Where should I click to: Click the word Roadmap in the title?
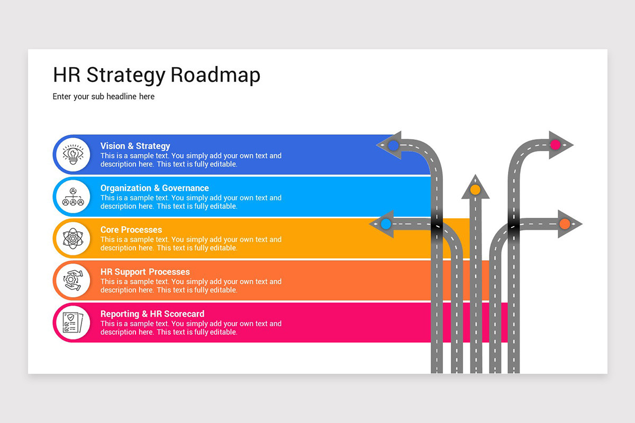[x=215, y=75]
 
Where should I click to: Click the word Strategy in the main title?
[x=125, y=76]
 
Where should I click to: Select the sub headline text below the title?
[x=104, y=97]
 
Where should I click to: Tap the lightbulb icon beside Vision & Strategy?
[x=73, y=154]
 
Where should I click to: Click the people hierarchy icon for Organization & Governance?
[x=73, y=197]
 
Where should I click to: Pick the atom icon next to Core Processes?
[x=73, y=238]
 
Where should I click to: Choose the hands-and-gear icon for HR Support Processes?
[x=73, y=281]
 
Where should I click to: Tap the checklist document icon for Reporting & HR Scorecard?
[x=73, y=323]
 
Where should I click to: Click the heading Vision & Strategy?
[x=135, y=146]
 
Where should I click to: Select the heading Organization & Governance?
[x=155, y=188]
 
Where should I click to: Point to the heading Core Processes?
[x=131, y=229]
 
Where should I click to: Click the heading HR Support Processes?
[x=145, y=272]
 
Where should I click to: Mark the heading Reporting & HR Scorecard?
[x=152, y=314]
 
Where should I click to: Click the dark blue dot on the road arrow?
[x=393, y=145]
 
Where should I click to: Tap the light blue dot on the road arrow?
[x=386, y=224]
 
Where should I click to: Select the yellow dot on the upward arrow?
[x=475, y=189]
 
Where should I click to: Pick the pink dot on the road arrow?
[x=555, y=144]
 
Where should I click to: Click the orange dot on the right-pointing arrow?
[x=565, y=224]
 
